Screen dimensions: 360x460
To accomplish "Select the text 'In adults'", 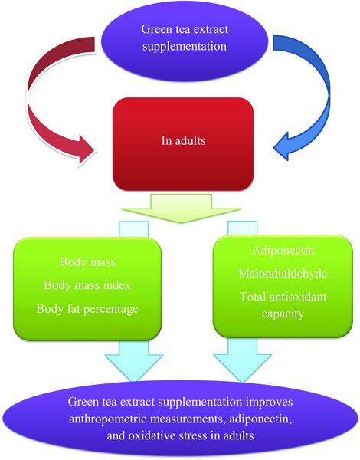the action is pos(183,140).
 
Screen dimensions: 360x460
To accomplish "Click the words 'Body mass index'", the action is pos(87,285).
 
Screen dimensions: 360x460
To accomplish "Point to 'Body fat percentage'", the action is pos(87,309).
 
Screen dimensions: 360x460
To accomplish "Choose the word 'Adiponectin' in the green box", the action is pos(283,250).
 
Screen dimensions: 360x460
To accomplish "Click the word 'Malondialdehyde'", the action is pos(283,274).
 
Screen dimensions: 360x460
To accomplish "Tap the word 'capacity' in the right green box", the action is pos(283,314).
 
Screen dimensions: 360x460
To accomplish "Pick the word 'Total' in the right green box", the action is pos(253,297).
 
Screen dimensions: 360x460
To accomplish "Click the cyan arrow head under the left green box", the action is pos(134,367).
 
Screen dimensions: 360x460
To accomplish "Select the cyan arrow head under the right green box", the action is pos(243,367).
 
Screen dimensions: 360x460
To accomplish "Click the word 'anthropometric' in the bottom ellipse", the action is pos(108,419).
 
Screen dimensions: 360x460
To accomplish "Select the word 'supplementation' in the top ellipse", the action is pos(185,47).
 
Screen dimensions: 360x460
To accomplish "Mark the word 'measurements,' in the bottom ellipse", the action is pos(188,419).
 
